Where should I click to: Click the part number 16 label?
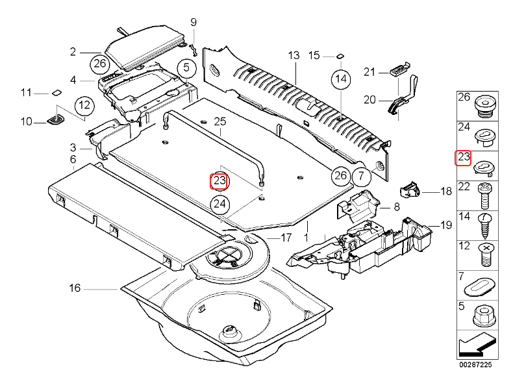(75, 288)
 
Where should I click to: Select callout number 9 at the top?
(193, 23)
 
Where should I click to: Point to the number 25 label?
(219, 122)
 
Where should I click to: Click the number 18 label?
(445, 192)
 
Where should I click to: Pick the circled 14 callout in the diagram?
(340, 80)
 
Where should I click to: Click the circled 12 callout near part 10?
(83, 105)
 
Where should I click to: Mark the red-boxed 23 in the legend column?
(464, 158)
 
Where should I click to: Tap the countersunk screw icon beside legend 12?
(484, 253)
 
